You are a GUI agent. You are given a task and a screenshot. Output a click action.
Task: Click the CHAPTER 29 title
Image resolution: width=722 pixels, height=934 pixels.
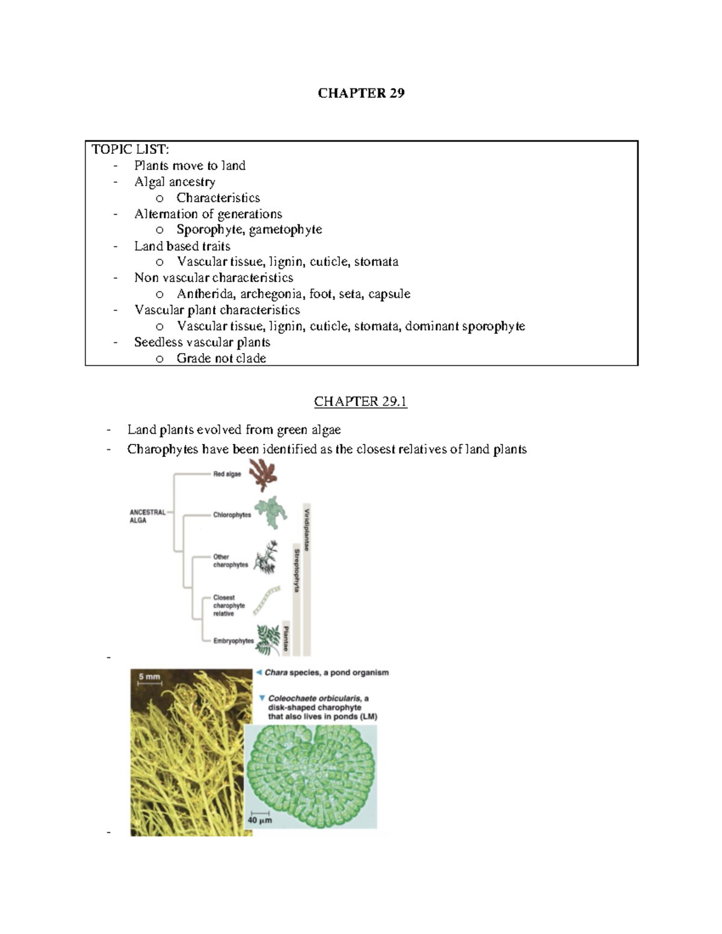pyautogui.click(x=361, y=93)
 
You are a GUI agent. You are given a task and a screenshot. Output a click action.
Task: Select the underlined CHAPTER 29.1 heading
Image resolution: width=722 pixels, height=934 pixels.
pyautogui.click(x=360, y=402)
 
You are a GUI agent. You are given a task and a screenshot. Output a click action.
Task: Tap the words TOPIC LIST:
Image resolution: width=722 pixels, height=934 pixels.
pyautogui.click(x=130, y=149)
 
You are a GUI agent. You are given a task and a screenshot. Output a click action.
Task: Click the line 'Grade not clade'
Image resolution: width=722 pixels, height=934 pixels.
pyautogui.click(x=221, y=358)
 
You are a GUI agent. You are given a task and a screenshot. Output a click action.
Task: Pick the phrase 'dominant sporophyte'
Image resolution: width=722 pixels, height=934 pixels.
pyautogui.click(x=464, y=326)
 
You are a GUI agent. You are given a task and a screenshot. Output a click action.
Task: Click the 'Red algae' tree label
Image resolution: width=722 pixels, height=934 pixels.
pyautogui.click(x=227, y=474)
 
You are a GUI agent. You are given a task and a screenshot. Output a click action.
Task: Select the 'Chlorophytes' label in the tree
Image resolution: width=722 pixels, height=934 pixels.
pyautogui.click(x=232, y=515)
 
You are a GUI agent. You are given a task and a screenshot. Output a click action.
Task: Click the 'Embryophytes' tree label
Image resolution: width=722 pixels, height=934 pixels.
pyautogui.click(x=233, y=641)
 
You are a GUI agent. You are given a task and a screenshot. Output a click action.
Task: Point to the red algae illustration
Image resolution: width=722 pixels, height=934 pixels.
pyautogui.click(x=264, y=475)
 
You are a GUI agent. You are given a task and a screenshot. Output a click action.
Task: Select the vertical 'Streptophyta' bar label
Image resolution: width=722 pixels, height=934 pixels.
pyautogui.click(x=297, y=570)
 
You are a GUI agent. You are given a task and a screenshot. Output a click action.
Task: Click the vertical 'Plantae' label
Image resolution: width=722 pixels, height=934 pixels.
pyautogui.click(x=286, y=639)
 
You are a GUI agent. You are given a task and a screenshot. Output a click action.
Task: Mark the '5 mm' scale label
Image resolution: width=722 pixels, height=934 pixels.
pyautogui.click(x=149, y=677)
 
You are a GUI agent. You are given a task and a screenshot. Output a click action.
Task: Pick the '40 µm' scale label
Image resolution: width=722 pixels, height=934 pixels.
pyautogui.click(x=260, y=820)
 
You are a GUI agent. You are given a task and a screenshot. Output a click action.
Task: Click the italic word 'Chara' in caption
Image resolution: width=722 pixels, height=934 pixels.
pyautogui.click(x=276, y=673)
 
